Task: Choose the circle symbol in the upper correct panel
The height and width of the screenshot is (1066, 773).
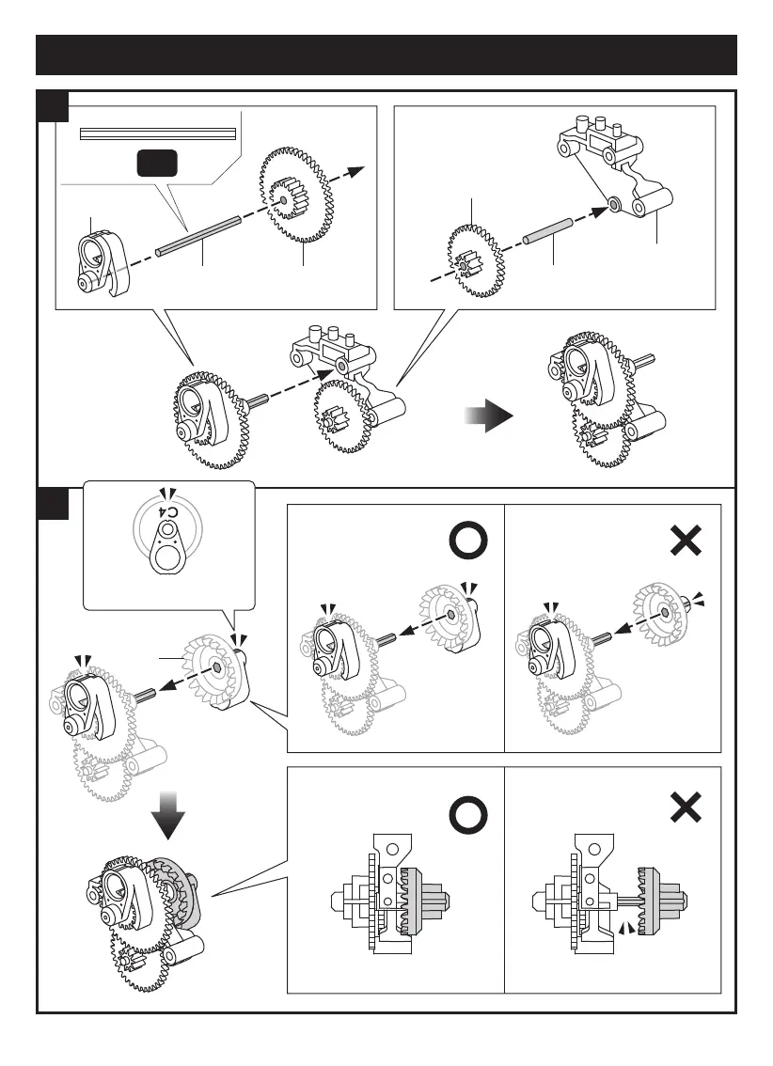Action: coord(466,541)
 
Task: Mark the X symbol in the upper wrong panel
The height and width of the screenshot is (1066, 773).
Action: coord(686,541)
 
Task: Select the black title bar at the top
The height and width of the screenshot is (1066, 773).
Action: coord(386,55)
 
